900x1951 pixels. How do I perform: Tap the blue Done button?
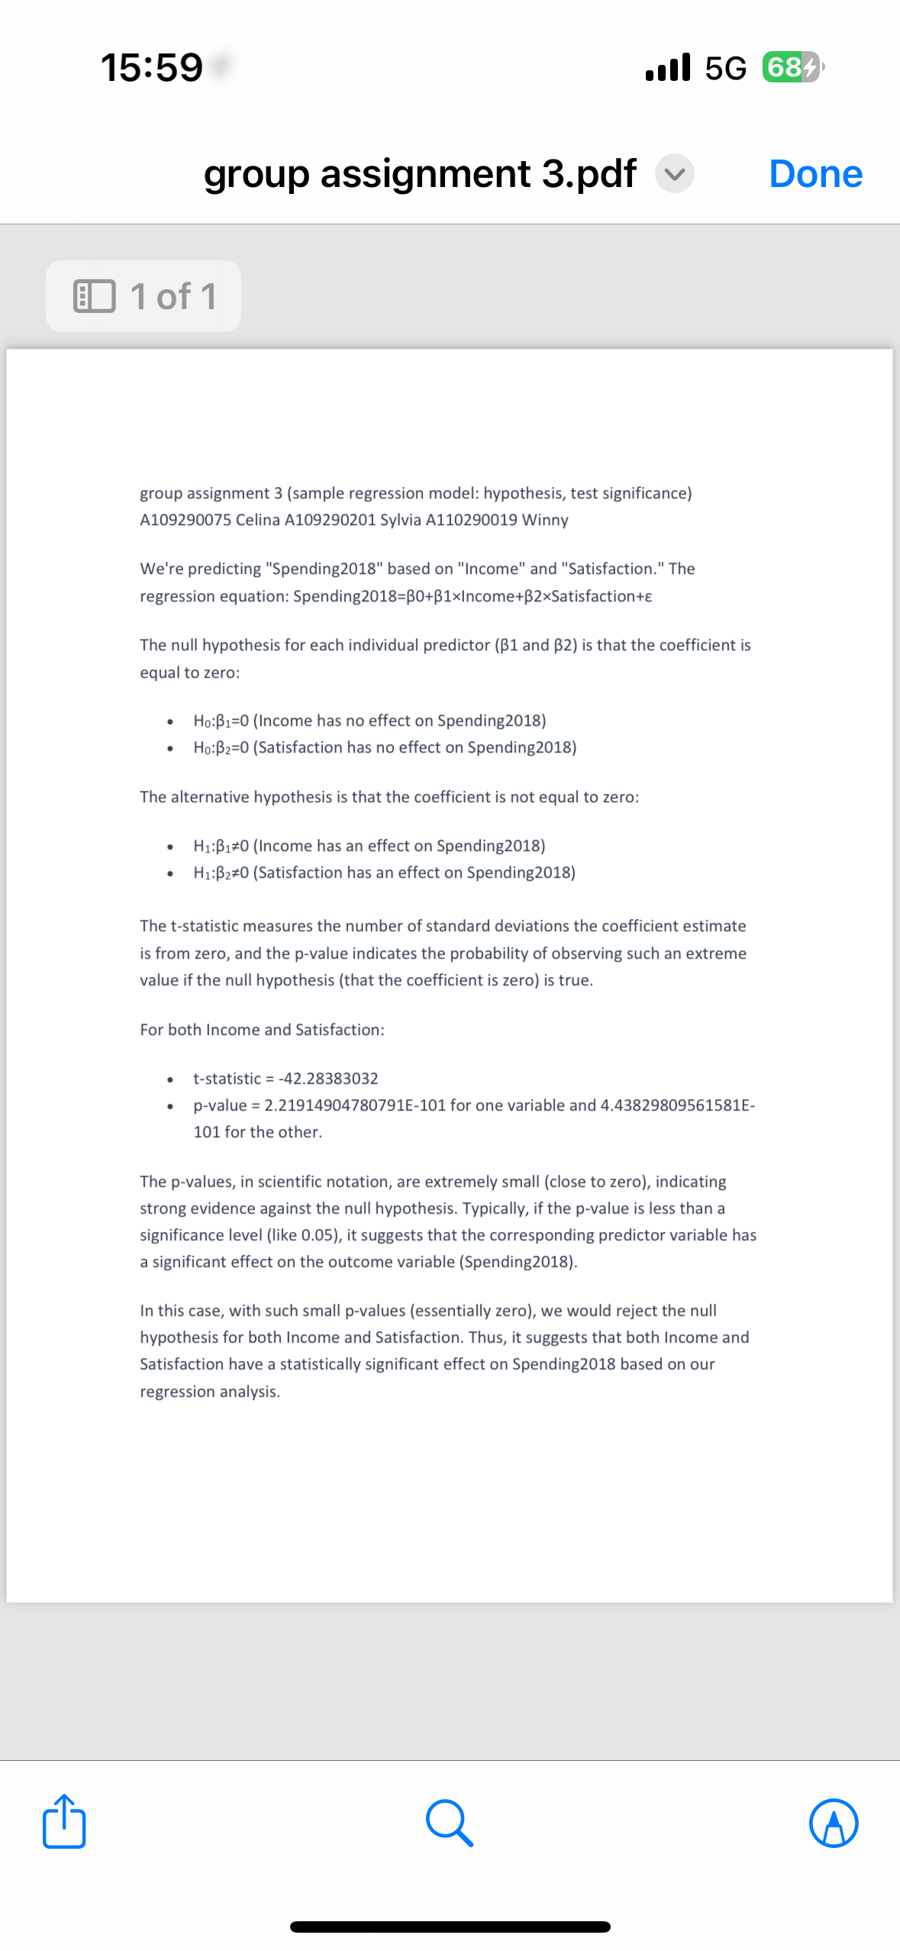(x=815, y=174)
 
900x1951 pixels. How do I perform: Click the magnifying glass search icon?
(x=450, y=1823)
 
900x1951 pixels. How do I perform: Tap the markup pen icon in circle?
(x=834, y=1823)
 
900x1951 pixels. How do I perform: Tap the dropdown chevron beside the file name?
(x=675, y=174)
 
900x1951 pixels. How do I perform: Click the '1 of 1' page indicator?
(x=144, y=296)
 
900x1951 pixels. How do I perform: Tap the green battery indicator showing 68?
(x=791, y=67)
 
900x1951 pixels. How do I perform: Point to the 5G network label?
(x=725, y=69)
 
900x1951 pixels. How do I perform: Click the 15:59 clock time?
(x=152, y=67)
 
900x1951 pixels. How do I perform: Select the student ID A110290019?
(x=471, y=520)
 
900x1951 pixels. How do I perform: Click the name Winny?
(x=545, y=520)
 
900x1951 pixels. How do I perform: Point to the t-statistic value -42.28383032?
(x=328, y=1079)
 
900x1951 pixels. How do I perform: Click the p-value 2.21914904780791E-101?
(x=355, y=1105)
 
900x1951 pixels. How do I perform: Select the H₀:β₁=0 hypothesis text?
(x=221, y=721)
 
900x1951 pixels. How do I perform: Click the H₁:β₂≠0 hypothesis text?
(x=221, y=872)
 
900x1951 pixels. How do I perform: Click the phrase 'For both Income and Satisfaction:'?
(x=262, y=1030)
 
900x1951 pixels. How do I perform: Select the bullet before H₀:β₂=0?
(x=169, y=748)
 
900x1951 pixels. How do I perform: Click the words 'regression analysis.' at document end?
(x=210, y=1391)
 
